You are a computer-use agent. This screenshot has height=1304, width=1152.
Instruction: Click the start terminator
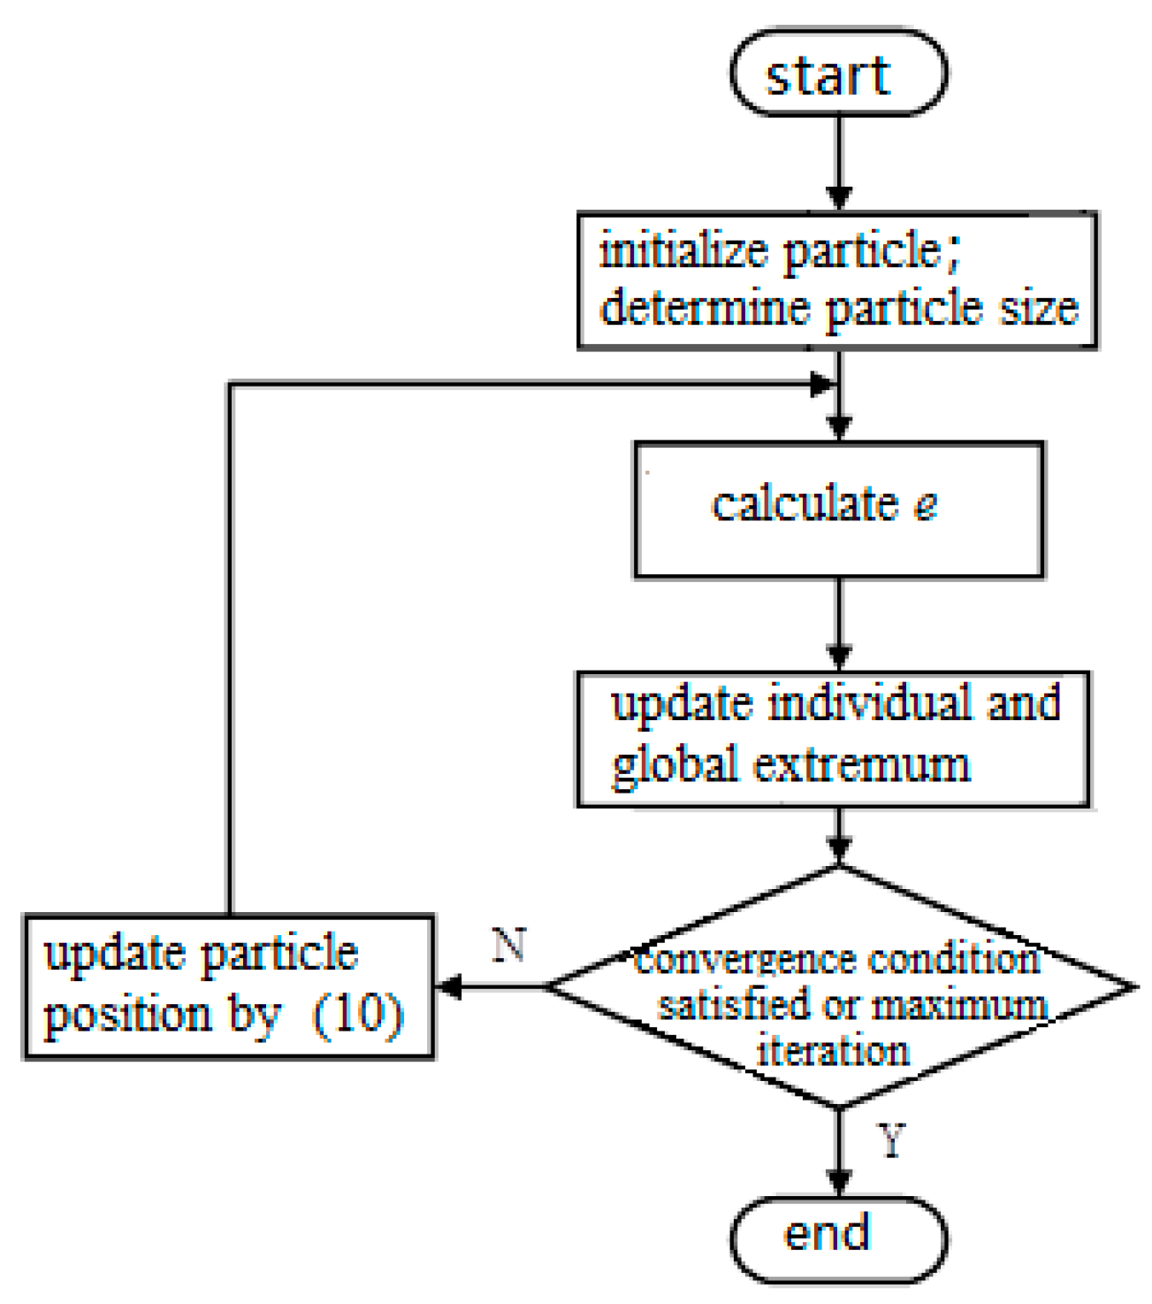pyautogui.click(x=838, y=74)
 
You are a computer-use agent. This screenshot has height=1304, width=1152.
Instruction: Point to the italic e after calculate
pyautogui.click(x=925, y=504)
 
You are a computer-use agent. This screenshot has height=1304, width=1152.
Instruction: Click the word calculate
pyautogui.click(x=805, y=504)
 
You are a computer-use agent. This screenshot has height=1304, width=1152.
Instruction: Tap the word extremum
pyautogui.click(x=861, y=764)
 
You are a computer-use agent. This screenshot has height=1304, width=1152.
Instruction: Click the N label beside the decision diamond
pyautogui.click(x=510, y=945)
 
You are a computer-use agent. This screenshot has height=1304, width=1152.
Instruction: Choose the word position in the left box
pyautogui.click(x=127, y=1016)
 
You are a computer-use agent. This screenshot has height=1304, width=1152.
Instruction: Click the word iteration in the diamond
pyautogui.click(x=834, y=1051)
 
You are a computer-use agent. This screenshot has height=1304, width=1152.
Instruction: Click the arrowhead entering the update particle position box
pyautogui.click(x=448, y=986)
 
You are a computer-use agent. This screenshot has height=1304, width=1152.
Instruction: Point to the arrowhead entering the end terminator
pyautogui.click(x=839, y=1182)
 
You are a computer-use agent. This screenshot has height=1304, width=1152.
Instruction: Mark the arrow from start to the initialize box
pyautogui.click(x=839, y=164)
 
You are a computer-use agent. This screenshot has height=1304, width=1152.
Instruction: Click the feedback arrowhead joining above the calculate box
pyautogui.click(x=823, y=385)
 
